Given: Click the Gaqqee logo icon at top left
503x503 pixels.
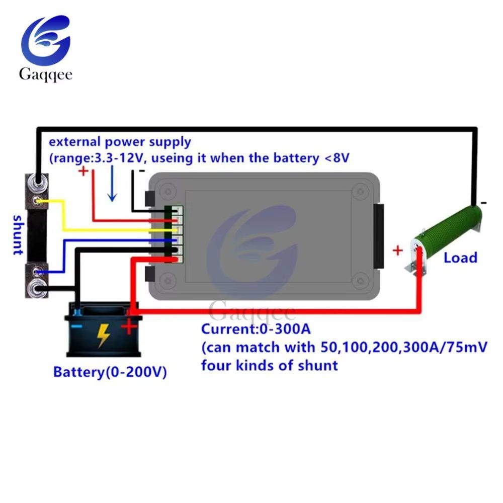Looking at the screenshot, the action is click(46, 40).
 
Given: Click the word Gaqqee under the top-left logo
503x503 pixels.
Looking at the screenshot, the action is click(46, 74).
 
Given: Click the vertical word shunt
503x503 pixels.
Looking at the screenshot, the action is click(18, 235).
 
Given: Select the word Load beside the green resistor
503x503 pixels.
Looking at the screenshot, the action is click(460, 258).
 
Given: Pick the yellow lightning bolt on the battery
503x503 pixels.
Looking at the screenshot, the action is click(103, 335).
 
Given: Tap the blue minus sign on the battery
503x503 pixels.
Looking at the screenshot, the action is click(76, 326).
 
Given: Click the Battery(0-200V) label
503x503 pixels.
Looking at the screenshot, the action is click(110, 372).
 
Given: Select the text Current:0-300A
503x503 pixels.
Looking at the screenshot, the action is click(256, 329).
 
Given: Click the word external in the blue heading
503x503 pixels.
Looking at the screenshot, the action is click(75, 141).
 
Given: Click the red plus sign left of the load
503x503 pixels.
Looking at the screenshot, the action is click(398, 250).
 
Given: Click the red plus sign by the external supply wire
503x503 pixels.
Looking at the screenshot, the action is click(83, 171).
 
